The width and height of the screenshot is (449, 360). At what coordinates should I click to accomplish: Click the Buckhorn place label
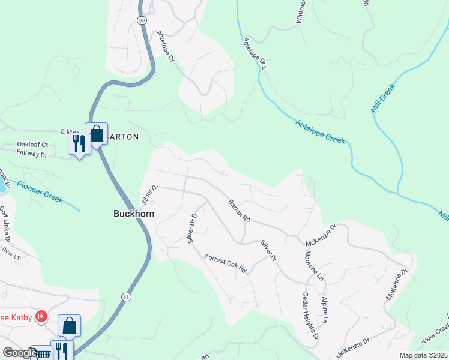tap(134, 214)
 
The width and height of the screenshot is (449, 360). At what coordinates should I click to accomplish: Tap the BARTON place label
tap(124, 137)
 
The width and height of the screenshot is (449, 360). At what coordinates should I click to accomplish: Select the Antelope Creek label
tap(321, 131)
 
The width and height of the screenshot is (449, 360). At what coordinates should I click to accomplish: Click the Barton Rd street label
tap(238, 211)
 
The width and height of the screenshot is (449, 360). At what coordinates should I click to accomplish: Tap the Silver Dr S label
tap(192, 228)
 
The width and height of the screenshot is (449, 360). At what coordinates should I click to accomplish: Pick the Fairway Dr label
tap(32, 155)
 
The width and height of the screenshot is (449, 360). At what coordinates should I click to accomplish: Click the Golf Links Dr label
tap(5, 223)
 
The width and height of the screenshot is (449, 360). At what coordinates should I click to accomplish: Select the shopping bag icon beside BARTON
tap(96, 134)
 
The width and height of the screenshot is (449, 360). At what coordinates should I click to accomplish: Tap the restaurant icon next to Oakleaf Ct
tap(79, 143)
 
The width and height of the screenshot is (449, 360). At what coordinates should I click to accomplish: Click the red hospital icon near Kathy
tap(41, 316)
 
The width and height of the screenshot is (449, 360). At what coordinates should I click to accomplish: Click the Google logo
tap(20, 353)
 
